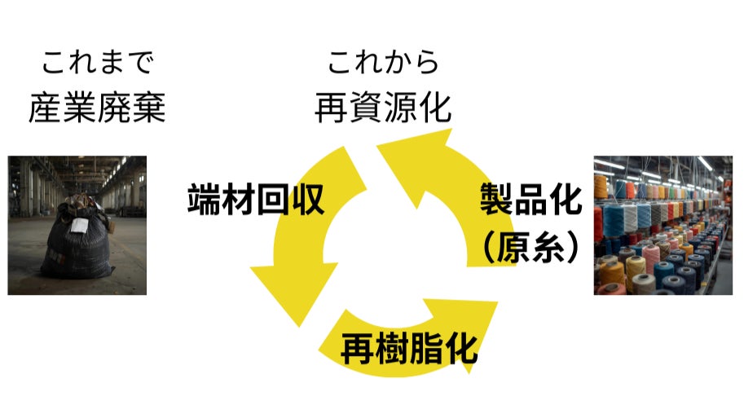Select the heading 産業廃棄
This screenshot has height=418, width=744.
tap(97, 108)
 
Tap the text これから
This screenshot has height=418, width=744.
tap(383, 61)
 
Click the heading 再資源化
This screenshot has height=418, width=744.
tap(383, 108)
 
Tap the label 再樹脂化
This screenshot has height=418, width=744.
tap(408, 348)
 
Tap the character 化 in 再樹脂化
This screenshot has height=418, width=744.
tap(460, 348)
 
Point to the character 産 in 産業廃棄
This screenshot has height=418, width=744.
tap(45, 108)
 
